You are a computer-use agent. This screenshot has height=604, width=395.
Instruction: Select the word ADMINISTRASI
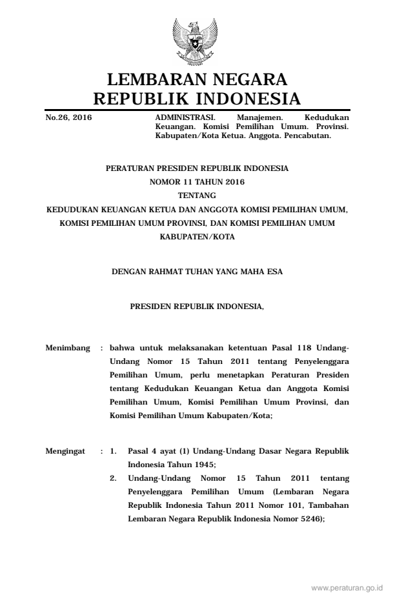(x=180, y=118)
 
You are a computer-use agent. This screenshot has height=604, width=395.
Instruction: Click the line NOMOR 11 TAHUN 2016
(x=197, y=182)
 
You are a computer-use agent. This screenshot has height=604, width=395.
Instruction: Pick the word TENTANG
(x=197, y=196)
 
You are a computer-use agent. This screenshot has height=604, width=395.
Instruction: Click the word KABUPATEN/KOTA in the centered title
(x=197, y=237)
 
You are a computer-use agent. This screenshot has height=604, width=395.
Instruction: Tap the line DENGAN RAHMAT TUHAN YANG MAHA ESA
(x=197, y=272)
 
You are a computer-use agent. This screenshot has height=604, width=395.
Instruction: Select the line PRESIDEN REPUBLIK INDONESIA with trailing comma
(x=197, y=308)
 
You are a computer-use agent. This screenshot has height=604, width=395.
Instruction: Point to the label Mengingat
(x=66, y=451)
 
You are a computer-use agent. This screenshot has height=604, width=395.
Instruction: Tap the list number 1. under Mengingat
(x=113, y=451)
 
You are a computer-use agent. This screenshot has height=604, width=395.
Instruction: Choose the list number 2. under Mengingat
(x=113, y=479)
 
